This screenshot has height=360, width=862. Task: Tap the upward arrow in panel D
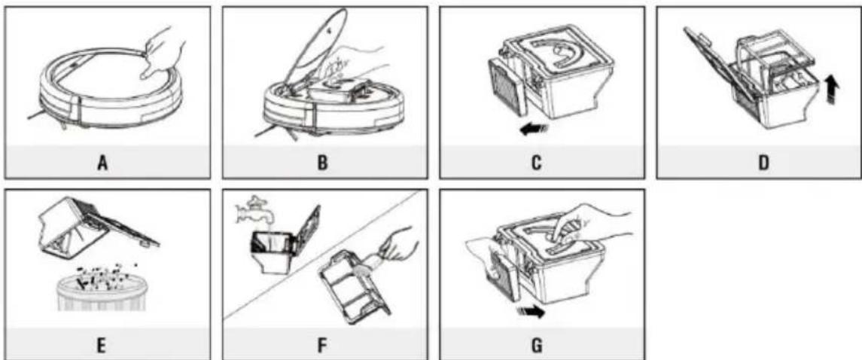click(830, 90)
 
